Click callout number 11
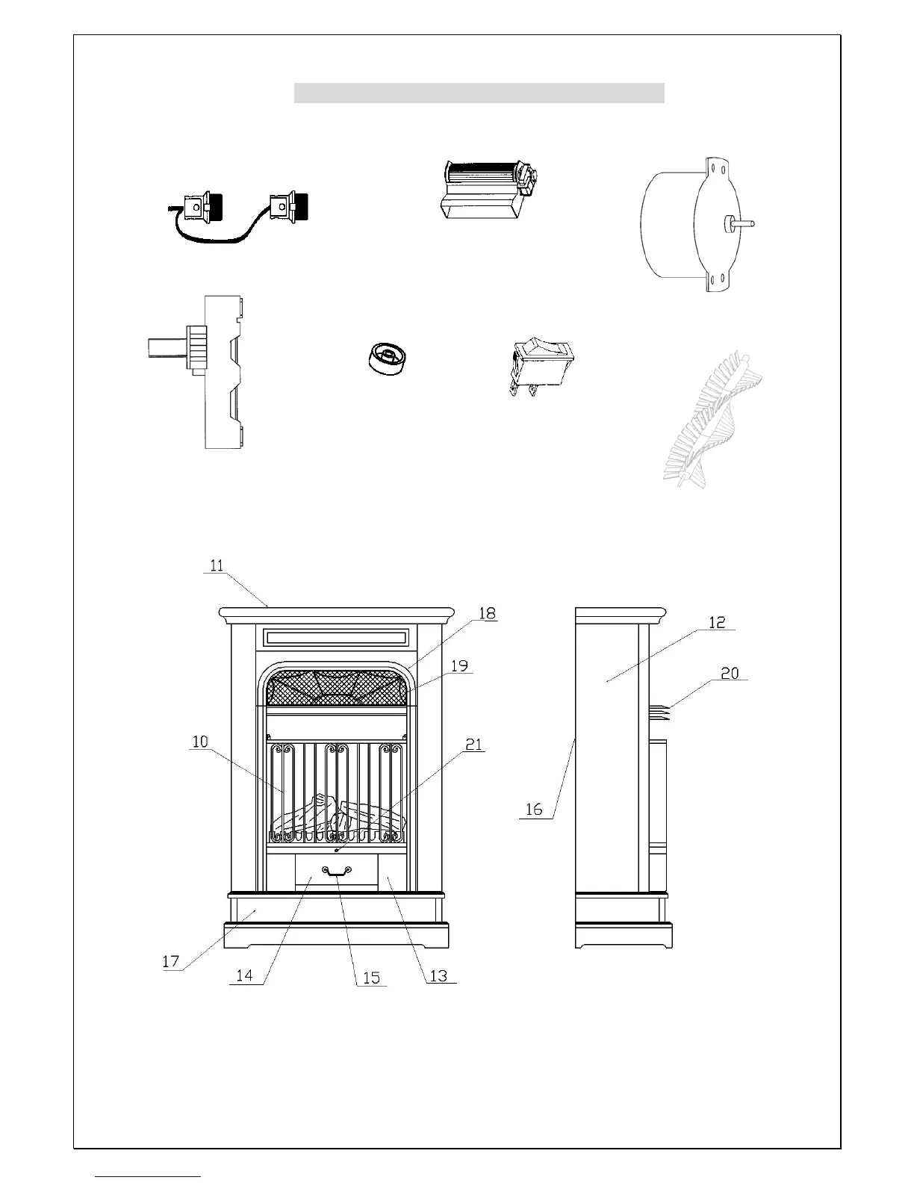coord(216,565)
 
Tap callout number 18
coord(487,614)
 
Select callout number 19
coord(460,665)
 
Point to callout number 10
coord(200,742)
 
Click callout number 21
coord(474,744)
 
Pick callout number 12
coord(717,622)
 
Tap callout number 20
coord(730,673)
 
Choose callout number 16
coord(534,810)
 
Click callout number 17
coord(171,961)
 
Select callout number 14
coord(244,975)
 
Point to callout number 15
coord(371,977)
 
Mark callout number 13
coord(438,975)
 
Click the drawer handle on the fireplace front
coord(336,871)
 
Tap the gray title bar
coord(479,93)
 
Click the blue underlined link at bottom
coord(149,1176)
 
